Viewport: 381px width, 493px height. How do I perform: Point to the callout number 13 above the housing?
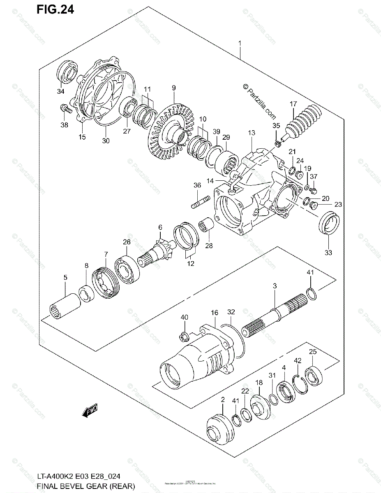252,133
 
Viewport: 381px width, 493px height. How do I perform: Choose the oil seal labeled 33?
329,223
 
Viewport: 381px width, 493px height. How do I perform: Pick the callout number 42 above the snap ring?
298,361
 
